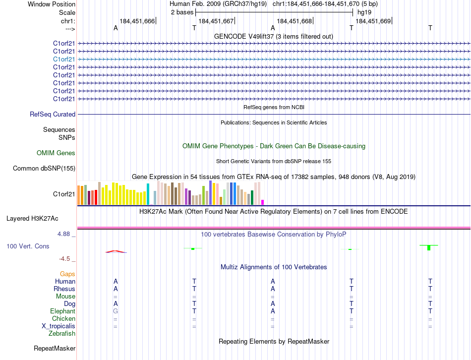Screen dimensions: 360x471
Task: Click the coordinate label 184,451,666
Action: [x=137, y=21]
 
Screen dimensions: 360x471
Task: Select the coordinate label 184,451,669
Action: [x=373, y=21]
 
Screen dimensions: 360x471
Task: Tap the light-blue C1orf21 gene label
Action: [x=64, y=59]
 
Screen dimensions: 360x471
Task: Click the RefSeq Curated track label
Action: [x=53, y=115]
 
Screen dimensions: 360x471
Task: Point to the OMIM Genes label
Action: [x=56, y=153]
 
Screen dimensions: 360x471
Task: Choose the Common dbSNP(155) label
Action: [x=44, y=169]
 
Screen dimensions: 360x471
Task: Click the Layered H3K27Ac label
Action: [x=32, y=218]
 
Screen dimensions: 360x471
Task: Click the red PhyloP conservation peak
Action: [x=116, y=251]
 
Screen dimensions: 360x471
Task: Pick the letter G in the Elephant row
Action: [x=116, y=311]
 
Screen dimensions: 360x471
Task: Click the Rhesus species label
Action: [x=64, y=289]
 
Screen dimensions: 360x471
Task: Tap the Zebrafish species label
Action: [x=62, y=334]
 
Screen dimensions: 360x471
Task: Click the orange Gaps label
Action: [x=67, y=274]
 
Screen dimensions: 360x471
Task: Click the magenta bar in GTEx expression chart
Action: [x=262, y=202]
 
